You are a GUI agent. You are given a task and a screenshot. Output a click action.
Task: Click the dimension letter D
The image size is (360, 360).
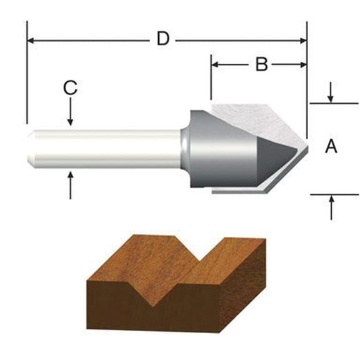(x=162, y=39)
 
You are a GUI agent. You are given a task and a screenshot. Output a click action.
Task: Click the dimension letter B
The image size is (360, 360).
(x=262, y=64)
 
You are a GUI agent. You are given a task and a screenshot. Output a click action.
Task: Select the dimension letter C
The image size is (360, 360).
(x=71, y=88)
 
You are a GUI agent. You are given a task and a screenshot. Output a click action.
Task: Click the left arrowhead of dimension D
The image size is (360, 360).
(x=31, y=41)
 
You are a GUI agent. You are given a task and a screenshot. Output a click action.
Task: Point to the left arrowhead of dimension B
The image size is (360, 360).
(x=215, y=64)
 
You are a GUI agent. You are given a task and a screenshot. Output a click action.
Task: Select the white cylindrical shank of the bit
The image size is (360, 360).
(x=106, y=149)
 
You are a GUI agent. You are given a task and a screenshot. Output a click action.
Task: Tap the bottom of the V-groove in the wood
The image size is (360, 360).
(x=152, y=306)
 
